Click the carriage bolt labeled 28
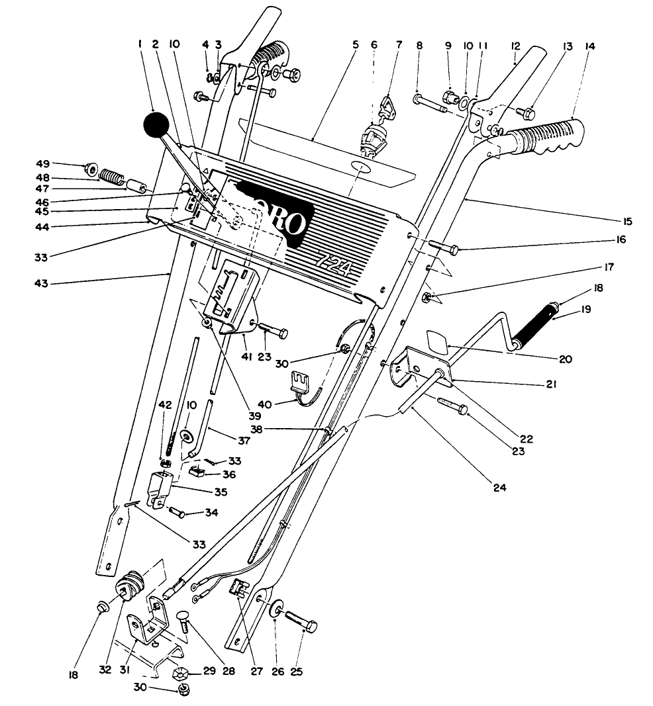185,621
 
